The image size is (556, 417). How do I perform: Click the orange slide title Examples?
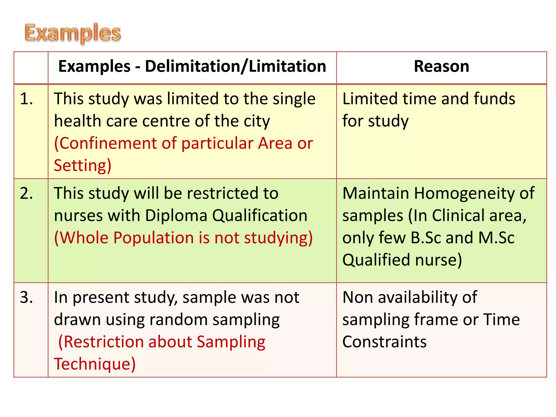coord(73,33)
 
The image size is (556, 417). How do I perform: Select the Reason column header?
coord(441,67)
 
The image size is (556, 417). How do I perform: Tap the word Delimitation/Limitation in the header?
coord(235,67)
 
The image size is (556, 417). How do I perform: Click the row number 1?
coord(26,99)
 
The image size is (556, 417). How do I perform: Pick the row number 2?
coord(26,194)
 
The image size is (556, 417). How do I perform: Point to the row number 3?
coord(26,297)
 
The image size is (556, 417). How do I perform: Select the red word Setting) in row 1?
coord(83,165)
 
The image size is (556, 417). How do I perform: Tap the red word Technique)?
coord(94,364)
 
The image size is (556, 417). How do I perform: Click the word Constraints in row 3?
coord(384,342)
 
